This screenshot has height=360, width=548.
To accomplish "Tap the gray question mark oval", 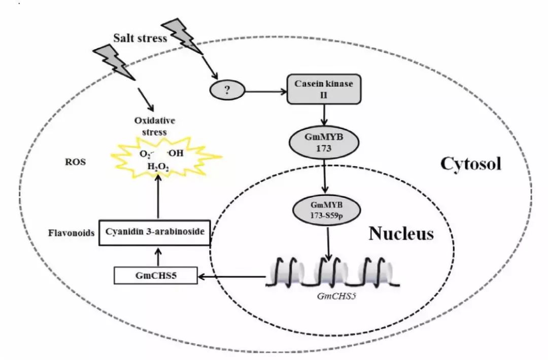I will coord(227,91).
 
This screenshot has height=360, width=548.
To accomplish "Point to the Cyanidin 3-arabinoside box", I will coord(154,233).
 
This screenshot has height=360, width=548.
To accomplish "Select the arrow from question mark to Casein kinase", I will coord(264,92).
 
